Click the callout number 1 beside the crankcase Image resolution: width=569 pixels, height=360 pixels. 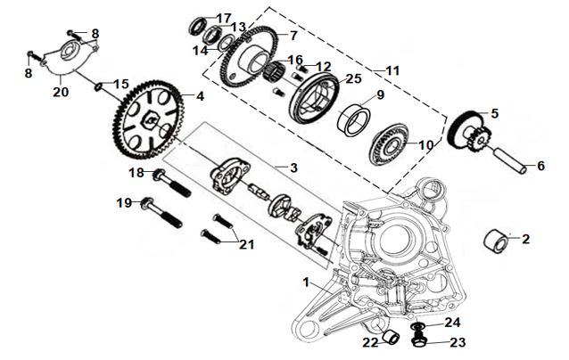click(309, 282)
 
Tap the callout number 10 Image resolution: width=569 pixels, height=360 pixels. click(424, 144)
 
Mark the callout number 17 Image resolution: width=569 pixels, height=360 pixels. click(223, 18)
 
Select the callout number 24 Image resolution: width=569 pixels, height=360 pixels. click(453, 323)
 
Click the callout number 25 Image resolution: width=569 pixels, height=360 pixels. click(354, 79)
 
